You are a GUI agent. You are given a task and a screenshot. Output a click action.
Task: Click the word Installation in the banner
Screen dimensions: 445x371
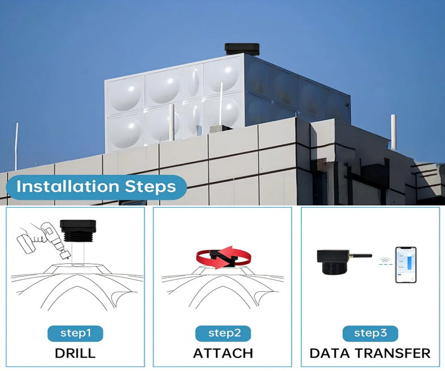[x=68, y=187]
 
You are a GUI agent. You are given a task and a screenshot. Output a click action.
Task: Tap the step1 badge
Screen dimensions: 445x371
[x=75, y=333]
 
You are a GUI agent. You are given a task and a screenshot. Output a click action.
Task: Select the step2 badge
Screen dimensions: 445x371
[x=223, y=333]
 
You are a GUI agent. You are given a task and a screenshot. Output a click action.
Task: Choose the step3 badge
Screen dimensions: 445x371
[x=370, y=333]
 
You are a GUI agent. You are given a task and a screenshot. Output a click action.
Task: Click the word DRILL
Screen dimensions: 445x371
[x=75, y=353]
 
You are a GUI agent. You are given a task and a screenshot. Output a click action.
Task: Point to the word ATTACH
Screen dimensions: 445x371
[x=223, y=353]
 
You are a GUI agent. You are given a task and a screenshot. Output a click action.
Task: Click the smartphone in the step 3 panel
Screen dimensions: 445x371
[x=406, y=265]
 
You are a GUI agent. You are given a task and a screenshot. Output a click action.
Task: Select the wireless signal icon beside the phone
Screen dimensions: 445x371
[x=385, y=261]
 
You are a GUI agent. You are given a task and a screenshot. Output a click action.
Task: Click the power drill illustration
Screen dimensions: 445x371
[x=45, y=240]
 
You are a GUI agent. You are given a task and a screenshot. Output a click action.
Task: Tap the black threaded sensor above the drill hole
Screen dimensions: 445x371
[x=78, y=230]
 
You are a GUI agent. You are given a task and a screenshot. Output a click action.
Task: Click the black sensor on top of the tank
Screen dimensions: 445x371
[x=242, y=49]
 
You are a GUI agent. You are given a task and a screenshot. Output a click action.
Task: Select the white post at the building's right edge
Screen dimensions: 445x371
[x=394, y=132]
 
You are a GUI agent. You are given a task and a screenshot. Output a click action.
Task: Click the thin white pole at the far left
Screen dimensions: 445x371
[x=16, y=146]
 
